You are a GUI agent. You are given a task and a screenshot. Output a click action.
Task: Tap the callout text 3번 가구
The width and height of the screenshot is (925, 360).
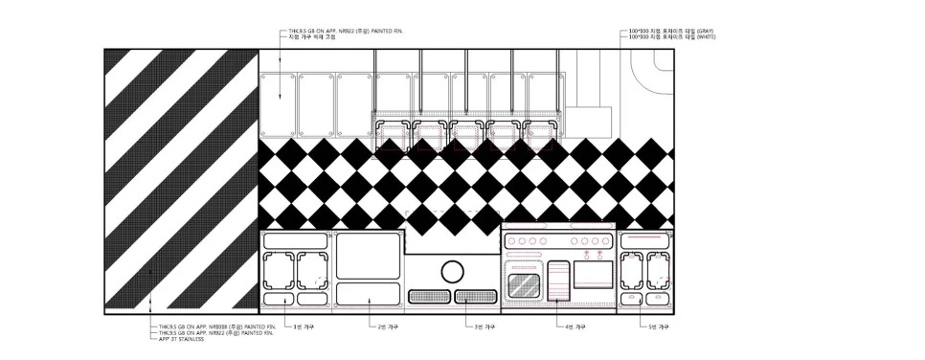[x=485, y=326]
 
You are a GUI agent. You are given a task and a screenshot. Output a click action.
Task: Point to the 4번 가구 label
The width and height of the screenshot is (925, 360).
[x=575, y=326]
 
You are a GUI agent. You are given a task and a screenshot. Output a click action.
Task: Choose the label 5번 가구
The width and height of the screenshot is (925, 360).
[x=662, y=326]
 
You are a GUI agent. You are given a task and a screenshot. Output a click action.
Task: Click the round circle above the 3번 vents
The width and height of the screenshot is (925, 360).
[x=452, y=270]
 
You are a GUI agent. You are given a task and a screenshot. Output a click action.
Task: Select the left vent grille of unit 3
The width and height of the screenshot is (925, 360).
[x=427, y=296]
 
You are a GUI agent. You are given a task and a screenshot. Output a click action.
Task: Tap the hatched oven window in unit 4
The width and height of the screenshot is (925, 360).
[x=524, y=282]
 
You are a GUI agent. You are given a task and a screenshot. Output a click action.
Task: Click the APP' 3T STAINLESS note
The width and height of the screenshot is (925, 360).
[x=182, y=339]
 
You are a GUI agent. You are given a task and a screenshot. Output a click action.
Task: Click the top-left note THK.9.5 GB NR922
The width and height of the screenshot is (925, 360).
[x=345, y=31]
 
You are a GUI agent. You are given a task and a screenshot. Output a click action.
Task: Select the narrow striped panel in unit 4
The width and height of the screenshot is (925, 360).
[x=557, y=279]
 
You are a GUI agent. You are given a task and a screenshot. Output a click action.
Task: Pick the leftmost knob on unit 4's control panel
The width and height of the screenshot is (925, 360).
[x=511, y=241]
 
